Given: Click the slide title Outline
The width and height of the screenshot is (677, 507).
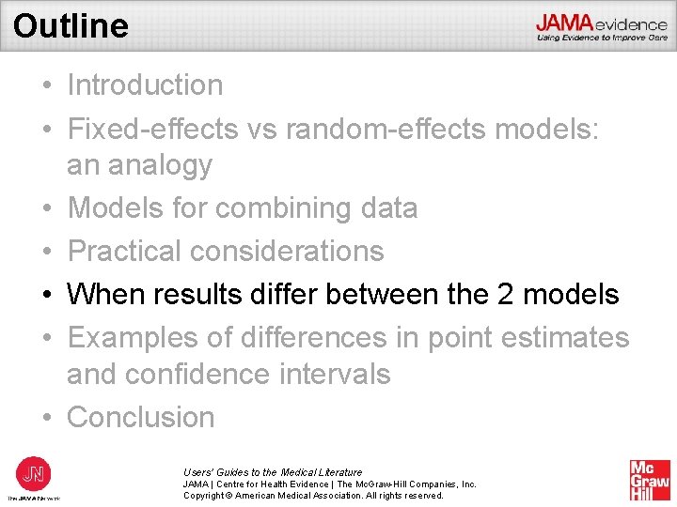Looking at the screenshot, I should [71, 25].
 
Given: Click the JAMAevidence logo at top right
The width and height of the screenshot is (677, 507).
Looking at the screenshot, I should [602, 26].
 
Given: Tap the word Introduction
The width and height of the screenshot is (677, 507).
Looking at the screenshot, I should [145, 84].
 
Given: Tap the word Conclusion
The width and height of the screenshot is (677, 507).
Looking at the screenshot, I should [141, 417].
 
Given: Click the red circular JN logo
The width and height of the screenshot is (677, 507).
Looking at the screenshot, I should [34, 472].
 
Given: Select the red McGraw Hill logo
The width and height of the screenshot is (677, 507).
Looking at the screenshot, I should [650, 480].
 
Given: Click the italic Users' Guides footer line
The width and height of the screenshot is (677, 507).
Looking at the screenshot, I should [273, 472].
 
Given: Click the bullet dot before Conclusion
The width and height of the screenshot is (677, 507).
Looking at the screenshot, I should [45, 418].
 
